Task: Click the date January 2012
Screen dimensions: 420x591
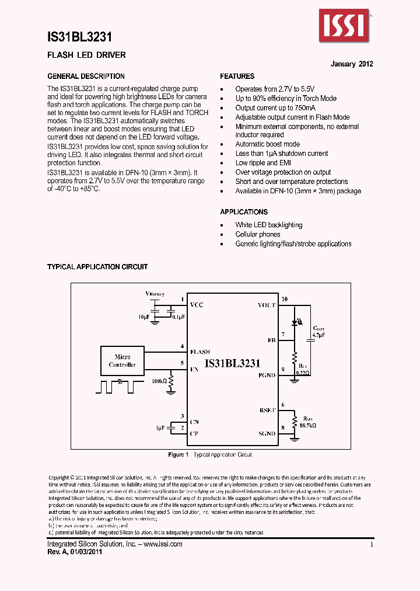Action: click(352, 64)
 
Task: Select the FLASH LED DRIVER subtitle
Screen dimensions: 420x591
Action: click(86, 55)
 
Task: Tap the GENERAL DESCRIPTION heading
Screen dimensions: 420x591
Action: click(86, 77)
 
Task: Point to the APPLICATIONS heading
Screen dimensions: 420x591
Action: click(244, 212)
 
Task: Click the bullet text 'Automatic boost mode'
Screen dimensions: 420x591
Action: click(267, 144)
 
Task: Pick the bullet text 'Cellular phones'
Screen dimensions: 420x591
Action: click(258, 234)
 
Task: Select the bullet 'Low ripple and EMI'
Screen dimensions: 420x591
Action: click(262, 163)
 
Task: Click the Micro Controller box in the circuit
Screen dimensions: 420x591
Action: click(123, 361)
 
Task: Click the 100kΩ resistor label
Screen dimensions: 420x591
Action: click(159, 380)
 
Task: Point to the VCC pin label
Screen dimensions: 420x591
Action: click(197, 305)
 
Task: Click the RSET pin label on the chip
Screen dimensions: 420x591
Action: click(267, 411)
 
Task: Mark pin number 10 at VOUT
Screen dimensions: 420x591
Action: click(284, 300)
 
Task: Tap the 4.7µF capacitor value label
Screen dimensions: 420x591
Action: click(318, 336)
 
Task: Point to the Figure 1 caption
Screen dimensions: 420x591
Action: click(210, 454)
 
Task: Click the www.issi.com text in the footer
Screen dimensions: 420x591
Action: click(162, 544)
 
